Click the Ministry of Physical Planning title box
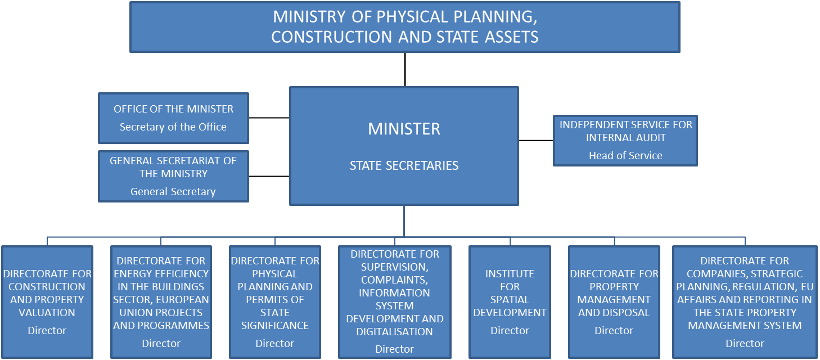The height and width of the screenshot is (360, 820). pyautogui.click(x=405, y=27)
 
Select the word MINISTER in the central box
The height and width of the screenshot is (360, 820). pyautogui.click(x=404, y=129)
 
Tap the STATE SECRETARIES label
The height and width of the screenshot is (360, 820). pyautogui.click(x=404, y=165)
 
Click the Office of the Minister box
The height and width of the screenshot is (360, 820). pyautogui.click(x=174, y=118)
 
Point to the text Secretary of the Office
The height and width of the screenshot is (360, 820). pyautogui.click(x=173, y=127)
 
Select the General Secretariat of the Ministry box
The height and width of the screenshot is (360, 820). pyautogui.click(x=174, y=176)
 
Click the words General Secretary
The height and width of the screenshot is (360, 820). pyautogui.click(x=173, y=192)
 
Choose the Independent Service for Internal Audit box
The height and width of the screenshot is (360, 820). pyautogui.click(x=625, y=141)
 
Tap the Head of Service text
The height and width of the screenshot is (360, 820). pyautogui.click(x=625, y=156)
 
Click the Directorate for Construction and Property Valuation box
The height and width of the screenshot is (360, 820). pyautogui.click(x=47, y=301)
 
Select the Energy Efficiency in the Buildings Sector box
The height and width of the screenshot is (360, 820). pyautogui.click(x=161, y=301)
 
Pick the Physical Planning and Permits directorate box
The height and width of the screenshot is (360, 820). pyautogui.click(x=275, y=301)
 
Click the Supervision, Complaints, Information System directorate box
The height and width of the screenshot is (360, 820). pyautogui.click(x=395, y=301)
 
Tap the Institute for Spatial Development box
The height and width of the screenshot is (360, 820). pyautogui.click(x=510, y=301)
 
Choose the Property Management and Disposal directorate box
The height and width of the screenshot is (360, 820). pyautogui.click(x=614, y=301)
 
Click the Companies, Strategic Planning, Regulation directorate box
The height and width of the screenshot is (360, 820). pyautogui.click(x=745, y=301)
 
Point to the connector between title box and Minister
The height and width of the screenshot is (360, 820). pyautogui.click(x=405, y=70)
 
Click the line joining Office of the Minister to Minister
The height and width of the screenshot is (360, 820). pyautogui.click(x=269, y=118)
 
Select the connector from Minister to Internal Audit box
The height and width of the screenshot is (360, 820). pyautogui.click(x=536, y=140)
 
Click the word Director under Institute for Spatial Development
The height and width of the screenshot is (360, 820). pyautogui.click(x=510, y=330)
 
